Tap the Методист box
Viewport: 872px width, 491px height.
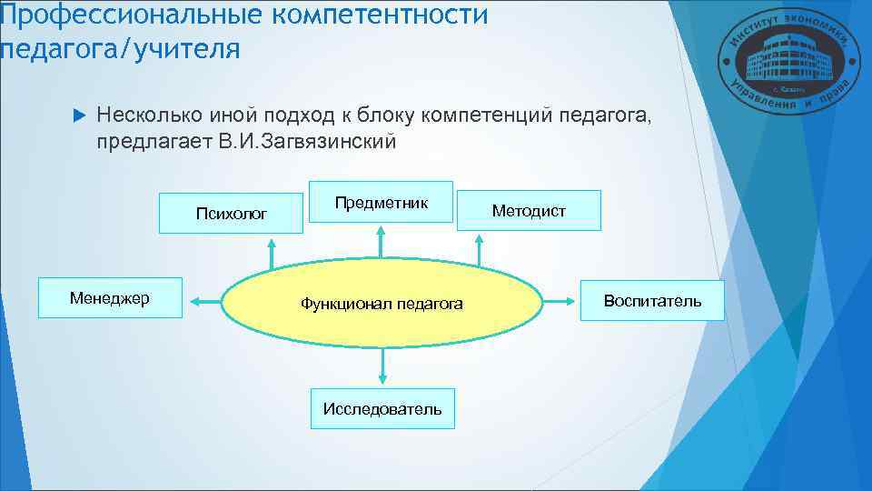click(x=529, y=211)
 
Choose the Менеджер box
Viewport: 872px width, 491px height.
click(x=109, y=298)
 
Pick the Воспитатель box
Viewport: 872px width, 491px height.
click(x=652, y=300)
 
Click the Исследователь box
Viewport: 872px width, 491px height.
click(x=382, y=408)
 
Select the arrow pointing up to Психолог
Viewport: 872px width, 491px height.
click(x=270, y=254)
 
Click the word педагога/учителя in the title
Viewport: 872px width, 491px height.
click(x=120, y=47)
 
